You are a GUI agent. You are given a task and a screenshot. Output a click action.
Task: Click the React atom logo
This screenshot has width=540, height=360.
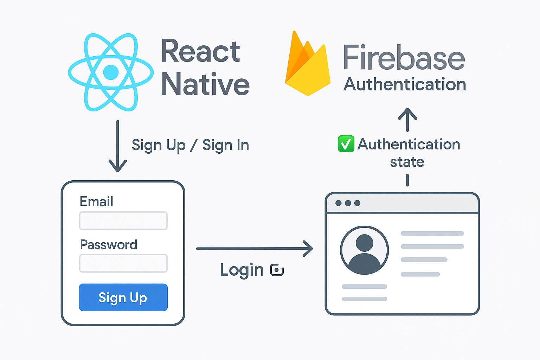pyautogui.click(x=111, y=72)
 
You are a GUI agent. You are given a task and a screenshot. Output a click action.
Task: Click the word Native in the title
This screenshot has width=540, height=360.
pyautogui.click(x=205, y=84)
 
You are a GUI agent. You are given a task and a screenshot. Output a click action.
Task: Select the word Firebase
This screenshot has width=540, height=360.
pyautogui.click(x=404, y=58)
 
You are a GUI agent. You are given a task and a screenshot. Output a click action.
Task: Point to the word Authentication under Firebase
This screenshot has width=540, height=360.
pyautogui.click(x=405, y=85)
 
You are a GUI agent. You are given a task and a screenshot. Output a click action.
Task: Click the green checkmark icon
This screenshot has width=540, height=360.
pyautogui.click(x=346, y=144)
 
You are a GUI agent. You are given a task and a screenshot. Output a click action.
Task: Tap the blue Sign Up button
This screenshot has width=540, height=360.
pyautogui.click(x=123, y=297)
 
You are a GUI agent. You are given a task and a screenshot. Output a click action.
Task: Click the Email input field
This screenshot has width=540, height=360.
pyautogui.click(x=123, y=221)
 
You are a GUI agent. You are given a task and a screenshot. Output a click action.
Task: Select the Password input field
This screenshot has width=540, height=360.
pyautogui.click(x=123, y=263)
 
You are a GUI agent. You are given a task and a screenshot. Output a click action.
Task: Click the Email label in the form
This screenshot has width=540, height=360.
pyautogui.click(x=96, y=201)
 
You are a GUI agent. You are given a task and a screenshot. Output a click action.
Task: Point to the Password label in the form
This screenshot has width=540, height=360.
pyautogui.click(x=109, y=245)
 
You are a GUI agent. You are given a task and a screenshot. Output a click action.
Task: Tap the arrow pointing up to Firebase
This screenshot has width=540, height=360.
pyautogui.click(x=407, y=120)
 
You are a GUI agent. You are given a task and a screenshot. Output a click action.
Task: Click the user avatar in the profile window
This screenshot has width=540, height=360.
pyautogui.click(x=365, y=250)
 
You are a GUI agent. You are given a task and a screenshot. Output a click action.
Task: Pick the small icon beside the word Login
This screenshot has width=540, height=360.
pyautogui.click(x=277, y=270)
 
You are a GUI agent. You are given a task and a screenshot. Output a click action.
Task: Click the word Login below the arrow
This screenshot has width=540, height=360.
pyautogui.click(x=242, y=270)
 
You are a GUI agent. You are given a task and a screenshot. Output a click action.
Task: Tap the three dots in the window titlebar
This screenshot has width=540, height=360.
pyautogui.click(x=348, y=203)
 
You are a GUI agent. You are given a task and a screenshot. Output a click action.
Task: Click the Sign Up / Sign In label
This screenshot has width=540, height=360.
pyautogui.click(x=190, y=145)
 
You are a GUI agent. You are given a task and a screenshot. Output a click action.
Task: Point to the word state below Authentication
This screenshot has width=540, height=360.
pyautogui.click(x=407, y=162)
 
